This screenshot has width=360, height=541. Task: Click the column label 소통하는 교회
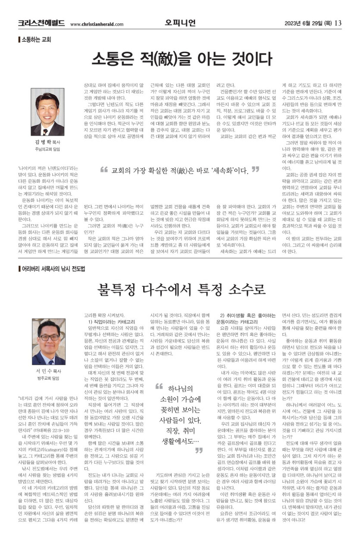37,40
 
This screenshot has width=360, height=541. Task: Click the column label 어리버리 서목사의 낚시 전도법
54,269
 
